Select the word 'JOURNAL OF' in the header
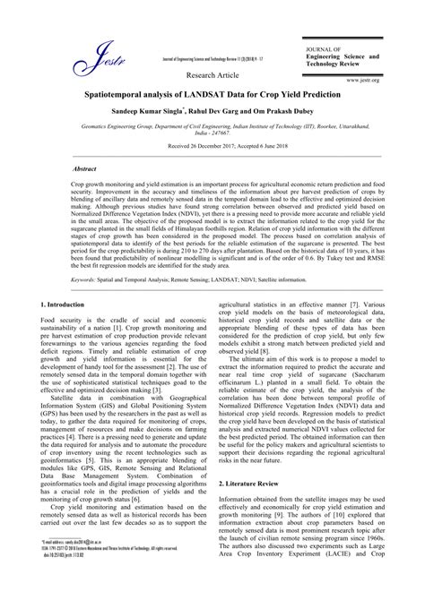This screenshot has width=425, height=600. [x=324, y=48]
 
